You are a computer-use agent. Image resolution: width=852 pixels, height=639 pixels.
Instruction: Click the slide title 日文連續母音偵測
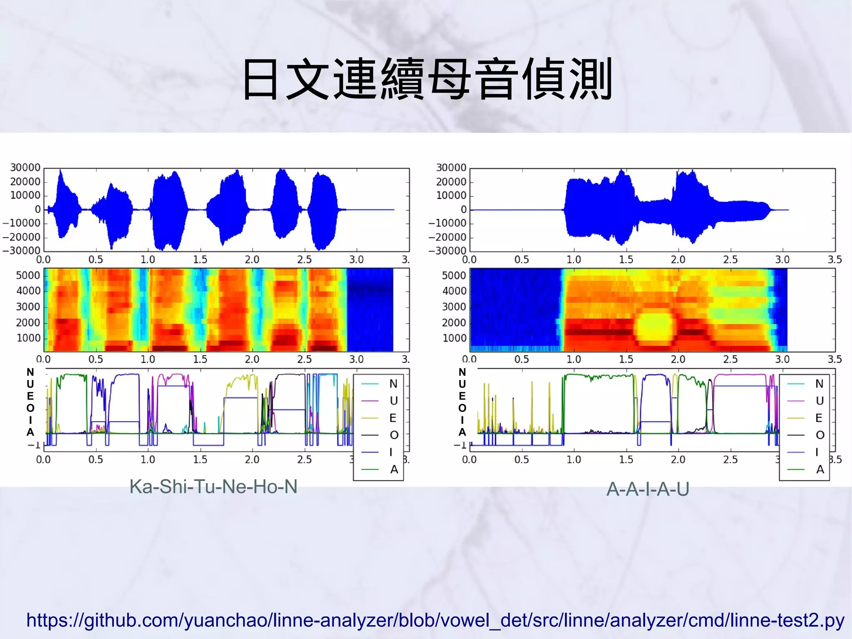(427, 79)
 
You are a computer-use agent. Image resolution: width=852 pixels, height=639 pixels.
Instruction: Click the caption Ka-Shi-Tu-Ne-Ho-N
(213, 486)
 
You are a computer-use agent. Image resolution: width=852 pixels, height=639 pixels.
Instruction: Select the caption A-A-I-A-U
(648, 489)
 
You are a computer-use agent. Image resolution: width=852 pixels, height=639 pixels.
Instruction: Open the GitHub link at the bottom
(435, 620)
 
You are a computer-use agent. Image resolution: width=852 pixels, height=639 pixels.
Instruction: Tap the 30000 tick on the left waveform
(25, 167)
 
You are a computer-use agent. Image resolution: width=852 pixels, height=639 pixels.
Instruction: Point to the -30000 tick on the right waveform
(448, 251)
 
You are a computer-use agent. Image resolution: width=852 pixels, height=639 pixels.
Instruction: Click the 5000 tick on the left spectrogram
(28, 275)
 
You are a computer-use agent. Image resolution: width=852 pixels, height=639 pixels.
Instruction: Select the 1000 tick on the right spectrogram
(454, 338)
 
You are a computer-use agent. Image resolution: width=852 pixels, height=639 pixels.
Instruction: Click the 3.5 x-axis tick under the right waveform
(835, 260)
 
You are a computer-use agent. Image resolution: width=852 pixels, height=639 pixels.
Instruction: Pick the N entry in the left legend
(393, 384)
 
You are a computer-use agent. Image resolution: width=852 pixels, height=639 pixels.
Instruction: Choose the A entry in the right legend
(820, 470)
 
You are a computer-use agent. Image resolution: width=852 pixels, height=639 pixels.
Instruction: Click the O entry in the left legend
(394, 435)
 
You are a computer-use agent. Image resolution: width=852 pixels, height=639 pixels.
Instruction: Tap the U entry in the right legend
(820, 401)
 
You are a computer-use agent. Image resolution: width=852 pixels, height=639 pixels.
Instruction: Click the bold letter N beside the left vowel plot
(30, 372)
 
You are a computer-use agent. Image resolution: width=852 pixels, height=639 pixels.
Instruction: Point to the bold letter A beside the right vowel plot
(462, 432)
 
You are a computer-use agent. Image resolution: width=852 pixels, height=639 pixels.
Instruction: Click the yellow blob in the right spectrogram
(654, 328)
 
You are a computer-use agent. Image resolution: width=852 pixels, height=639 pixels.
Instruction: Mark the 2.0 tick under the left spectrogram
(252, 359)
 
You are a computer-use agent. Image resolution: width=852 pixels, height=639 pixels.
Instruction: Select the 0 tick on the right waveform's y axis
(463, 209)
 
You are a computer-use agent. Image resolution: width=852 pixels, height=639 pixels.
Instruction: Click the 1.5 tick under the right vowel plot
(626, 460)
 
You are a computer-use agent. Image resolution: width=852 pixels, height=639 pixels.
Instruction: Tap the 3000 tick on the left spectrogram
(28, 307)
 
